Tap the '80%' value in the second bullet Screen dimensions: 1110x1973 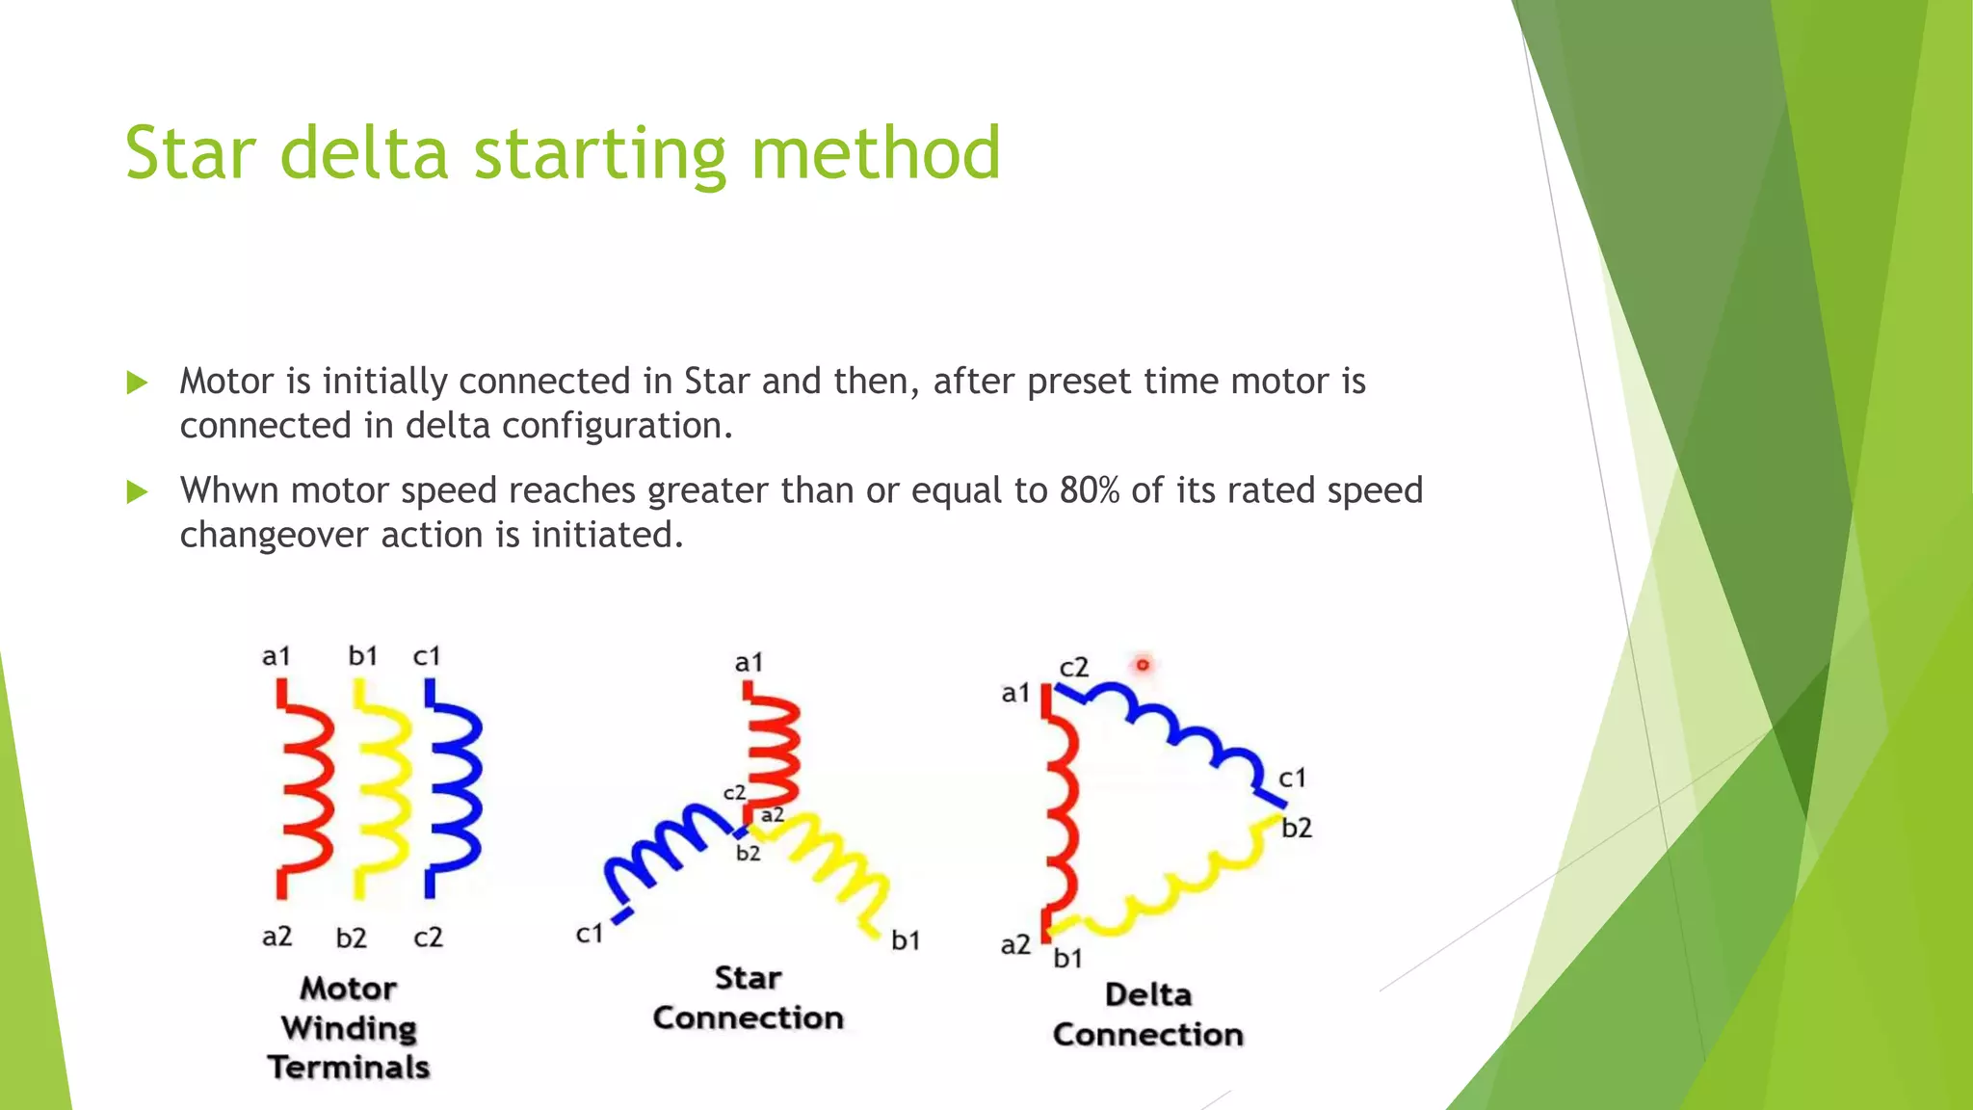click(x=1089, y=490)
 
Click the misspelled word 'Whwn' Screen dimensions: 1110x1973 click(x=229, y=490)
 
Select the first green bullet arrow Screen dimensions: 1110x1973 click(x=137, y=383)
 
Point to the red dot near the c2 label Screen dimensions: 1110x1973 click(x=1143, y=664)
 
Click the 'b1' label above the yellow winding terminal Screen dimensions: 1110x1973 click(x=363, y=656)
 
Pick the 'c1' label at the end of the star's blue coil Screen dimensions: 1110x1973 click(x=590, y=933)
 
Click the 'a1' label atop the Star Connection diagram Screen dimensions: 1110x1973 click(x=749, y=663)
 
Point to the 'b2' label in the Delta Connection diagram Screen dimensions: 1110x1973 click(x=1297, y=828)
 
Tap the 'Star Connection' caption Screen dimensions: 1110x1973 click(x=748, y=998)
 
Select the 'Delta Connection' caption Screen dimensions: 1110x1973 click(x=1147, y=1015)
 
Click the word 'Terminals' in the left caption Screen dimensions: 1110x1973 click(x=349, y=1068)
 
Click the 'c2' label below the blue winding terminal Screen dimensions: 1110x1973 click(x=428, y=937)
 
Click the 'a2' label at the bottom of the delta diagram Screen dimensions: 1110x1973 click(x=1015, y=944)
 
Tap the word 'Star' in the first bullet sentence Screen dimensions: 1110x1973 click(x=716, y=382)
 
